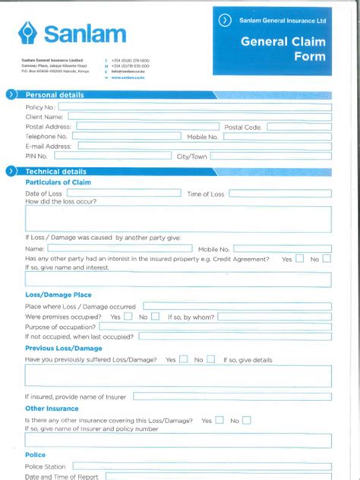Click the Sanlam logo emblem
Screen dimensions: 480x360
[28, 33]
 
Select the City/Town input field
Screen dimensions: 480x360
[271, 156]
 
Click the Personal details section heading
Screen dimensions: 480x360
[55, 95]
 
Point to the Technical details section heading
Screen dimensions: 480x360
[56, 172]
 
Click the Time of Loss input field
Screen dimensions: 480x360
[280, 194]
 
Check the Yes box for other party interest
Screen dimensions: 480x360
[299, 259]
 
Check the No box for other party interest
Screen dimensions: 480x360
[327, 259]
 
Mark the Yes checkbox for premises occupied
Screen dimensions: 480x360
[128, 316]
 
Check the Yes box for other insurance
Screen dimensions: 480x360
[219, 419]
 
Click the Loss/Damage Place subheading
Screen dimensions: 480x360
[58, 294]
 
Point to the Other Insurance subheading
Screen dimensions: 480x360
[52, 409]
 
